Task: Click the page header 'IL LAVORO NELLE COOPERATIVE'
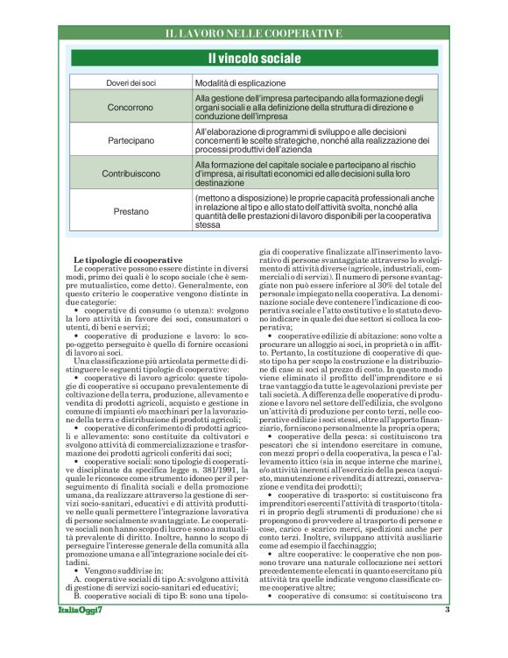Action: tap(253, 33)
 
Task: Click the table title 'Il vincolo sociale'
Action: tap(253, 59)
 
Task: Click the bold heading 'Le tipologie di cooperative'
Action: tap(127, 260)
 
